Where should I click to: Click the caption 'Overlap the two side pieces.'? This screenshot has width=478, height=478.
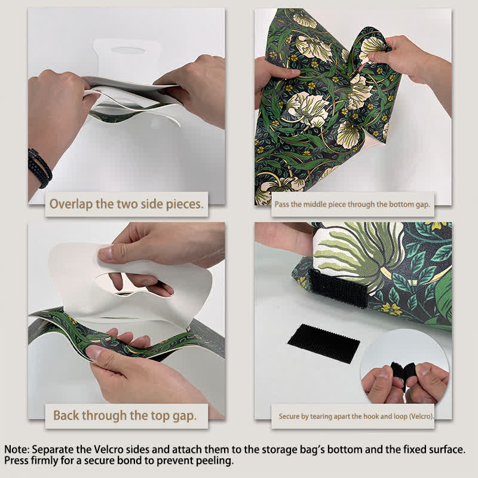click(x=127, y=204)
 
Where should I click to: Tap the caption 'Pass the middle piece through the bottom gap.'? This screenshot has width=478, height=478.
click(x=352, y=204)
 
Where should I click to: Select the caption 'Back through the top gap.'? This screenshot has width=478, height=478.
click(x=126, y=415)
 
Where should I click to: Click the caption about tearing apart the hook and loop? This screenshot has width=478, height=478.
click(x=356, y=416)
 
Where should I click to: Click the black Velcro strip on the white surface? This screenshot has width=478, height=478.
click(x=324, y=343)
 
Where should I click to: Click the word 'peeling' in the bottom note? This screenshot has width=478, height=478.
click(x=215, y=461)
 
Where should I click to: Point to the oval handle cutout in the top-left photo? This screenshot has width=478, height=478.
click(x=128, y=50)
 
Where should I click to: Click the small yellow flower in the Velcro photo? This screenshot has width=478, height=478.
click(x=391, y=308)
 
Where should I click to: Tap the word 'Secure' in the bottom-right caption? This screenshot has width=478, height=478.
click(x=290, y=416)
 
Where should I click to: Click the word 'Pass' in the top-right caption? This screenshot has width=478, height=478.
click(x=283, y=204)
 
